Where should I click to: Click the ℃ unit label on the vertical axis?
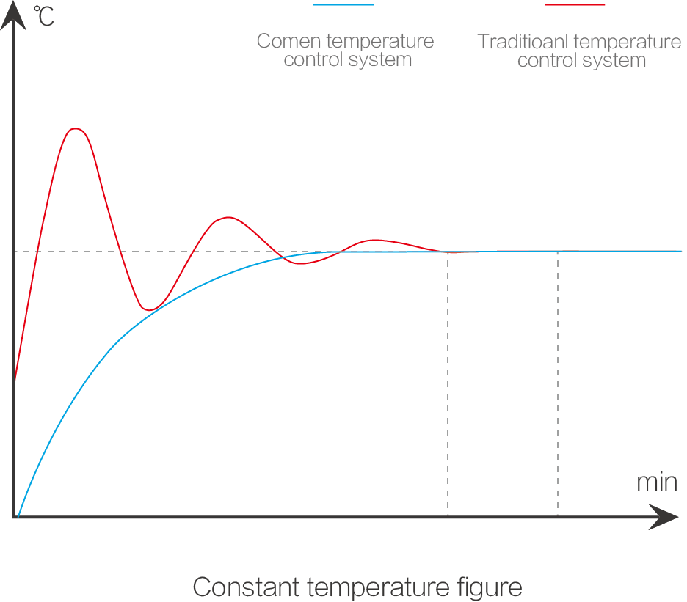click(43, 16)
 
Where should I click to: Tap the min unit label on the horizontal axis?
click(657, 482)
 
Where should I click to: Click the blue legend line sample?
click(343, 5)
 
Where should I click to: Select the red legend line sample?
click(575, 5)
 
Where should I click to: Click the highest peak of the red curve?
click(75, 129)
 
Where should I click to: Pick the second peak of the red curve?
click(228, 218)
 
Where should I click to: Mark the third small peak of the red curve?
click(374, 241)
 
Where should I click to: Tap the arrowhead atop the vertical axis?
click(13, 15)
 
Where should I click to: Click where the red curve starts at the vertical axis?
click(14, 383)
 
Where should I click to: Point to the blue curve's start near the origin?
click(18, 515)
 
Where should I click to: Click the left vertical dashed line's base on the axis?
click(448, 517)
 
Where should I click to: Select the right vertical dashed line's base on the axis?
click(558, 517)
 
